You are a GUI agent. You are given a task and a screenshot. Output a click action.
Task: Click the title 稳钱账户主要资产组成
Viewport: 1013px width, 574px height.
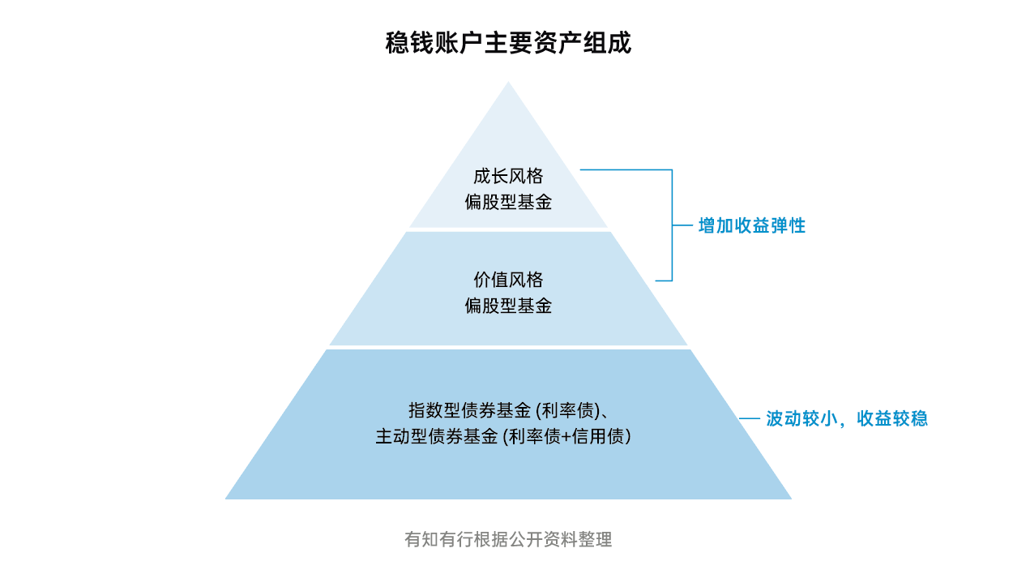[508, 43]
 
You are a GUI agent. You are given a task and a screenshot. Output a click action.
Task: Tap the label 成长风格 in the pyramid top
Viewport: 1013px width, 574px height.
[508, 176]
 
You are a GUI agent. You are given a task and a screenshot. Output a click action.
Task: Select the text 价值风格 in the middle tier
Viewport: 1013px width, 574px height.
[508, 280]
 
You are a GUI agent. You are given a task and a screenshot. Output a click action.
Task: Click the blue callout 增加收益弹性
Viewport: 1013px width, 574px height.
[752, 226]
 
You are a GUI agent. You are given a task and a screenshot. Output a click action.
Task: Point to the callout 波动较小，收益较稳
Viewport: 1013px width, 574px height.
[847, 419]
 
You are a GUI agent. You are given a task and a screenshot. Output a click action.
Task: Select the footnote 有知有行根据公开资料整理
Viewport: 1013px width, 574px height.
[508, 539]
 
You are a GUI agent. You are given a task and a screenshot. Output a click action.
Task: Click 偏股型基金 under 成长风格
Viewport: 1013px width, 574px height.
[508, 202]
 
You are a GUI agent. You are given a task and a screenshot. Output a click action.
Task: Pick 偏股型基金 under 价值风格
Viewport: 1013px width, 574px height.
[508, 306]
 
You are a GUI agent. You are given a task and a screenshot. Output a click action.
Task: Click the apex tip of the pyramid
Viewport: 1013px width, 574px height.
[508, 84]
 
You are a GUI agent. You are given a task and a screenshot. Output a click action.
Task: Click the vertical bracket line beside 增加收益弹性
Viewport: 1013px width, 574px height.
[673, 225]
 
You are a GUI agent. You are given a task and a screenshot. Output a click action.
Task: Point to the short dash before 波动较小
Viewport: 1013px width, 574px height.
[750, 419]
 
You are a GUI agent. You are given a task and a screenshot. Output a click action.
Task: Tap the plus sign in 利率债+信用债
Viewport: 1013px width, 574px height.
[567, 436]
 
